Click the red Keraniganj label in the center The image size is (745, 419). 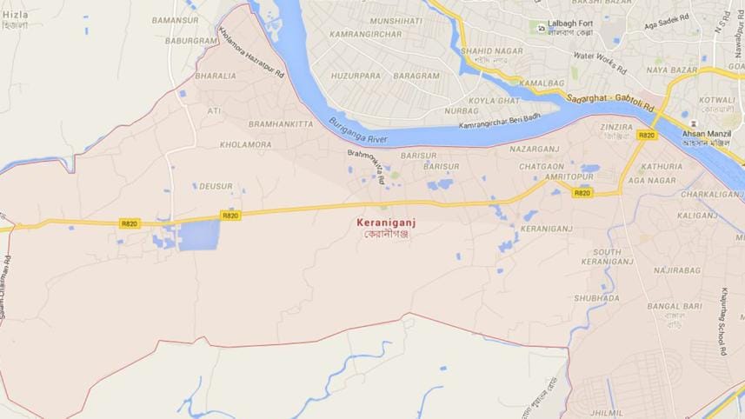383,223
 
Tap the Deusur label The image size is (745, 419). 216,186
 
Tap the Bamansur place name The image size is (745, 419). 175,19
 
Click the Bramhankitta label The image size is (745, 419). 281,124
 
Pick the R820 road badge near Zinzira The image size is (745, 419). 646,135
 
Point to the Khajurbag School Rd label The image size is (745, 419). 723,323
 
